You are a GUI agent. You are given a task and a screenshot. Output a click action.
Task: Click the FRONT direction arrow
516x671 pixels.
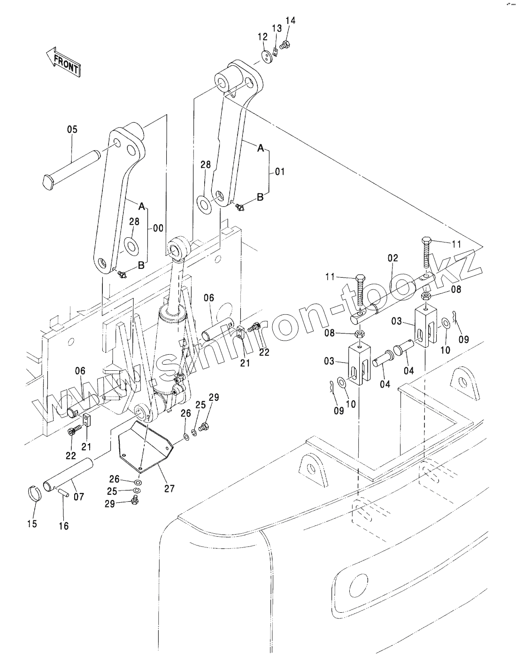[x=63, y=62]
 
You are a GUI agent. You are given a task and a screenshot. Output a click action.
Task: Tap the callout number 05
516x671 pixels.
[x=72, y=129]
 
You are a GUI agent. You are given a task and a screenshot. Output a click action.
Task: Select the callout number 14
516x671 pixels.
[x=290, y=21]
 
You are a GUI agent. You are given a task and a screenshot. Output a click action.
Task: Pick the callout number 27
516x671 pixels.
[x=169, y=488]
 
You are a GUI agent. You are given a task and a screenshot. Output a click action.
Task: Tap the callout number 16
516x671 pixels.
[x=64, y=525]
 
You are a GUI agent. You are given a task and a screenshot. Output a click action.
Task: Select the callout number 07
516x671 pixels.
[x=79, y=497]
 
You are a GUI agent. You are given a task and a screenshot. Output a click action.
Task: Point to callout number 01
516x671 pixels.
[x=279, y=172]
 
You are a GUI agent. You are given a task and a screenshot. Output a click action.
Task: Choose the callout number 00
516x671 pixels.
[x=158, y=228]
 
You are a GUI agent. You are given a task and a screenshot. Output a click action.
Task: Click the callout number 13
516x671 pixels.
[x=277, y=28]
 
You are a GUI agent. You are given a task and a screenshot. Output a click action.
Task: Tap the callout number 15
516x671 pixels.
[x=32, y=524]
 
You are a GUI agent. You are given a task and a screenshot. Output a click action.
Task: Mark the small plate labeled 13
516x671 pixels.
[x=275, y=52]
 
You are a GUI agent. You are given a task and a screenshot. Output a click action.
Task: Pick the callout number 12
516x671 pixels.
[x=263, y=37]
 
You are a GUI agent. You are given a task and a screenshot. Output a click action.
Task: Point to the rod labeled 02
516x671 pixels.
[x=393, y=299]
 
